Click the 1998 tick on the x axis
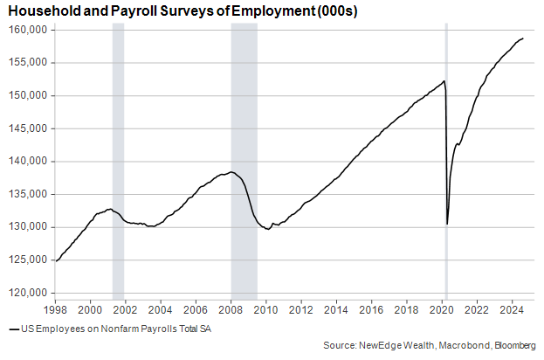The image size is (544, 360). pos(55,310)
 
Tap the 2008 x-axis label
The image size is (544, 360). pos(231,310)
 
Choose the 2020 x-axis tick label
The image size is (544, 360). pos(442,310)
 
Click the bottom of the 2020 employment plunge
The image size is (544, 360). pos(447,224)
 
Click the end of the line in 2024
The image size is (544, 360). pos(523,38)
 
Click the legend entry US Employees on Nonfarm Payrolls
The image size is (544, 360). pos(114,329)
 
